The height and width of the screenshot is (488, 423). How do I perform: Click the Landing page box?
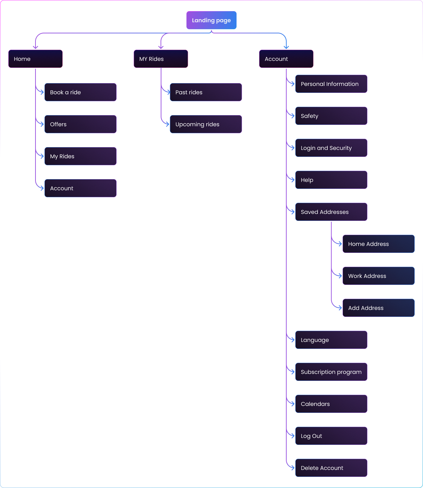(211, 20)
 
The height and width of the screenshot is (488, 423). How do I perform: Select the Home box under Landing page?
(35, 59)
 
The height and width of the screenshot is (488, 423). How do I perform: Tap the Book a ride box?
(80, 92)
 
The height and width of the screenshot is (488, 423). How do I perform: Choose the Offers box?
(80, 124)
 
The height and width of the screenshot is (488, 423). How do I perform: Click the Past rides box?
(206, 92)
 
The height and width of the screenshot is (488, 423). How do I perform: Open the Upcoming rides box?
(206, 124)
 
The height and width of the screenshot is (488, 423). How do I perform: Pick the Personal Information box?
(331, 84)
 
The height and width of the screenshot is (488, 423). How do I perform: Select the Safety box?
(331, 116)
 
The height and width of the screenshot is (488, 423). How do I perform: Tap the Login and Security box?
(331, 148)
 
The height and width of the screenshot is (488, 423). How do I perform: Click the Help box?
(331, 180)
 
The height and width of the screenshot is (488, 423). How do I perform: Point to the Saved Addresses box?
(331, 212)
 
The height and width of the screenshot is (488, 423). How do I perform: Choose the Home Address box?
(378, 244)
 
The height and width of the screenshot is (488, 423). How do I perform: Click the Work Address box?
(378, 276)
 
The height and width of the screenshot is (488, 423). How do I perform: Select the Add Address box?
(378, 308)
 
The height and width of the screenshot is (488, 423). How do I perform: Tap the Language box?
(331, 340)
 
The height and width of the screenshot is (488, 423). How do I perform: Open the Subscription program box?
(331, 372)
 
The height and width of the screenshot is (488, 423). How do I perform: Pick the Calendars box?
(331, 404)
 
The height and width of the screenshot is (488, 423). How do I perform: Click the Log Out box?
(331, 436)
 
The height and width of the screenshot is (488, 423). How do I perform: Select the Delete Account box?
(331, 468)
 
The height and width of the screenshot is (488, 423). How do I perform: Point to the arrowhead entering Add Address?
(340, 308)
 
